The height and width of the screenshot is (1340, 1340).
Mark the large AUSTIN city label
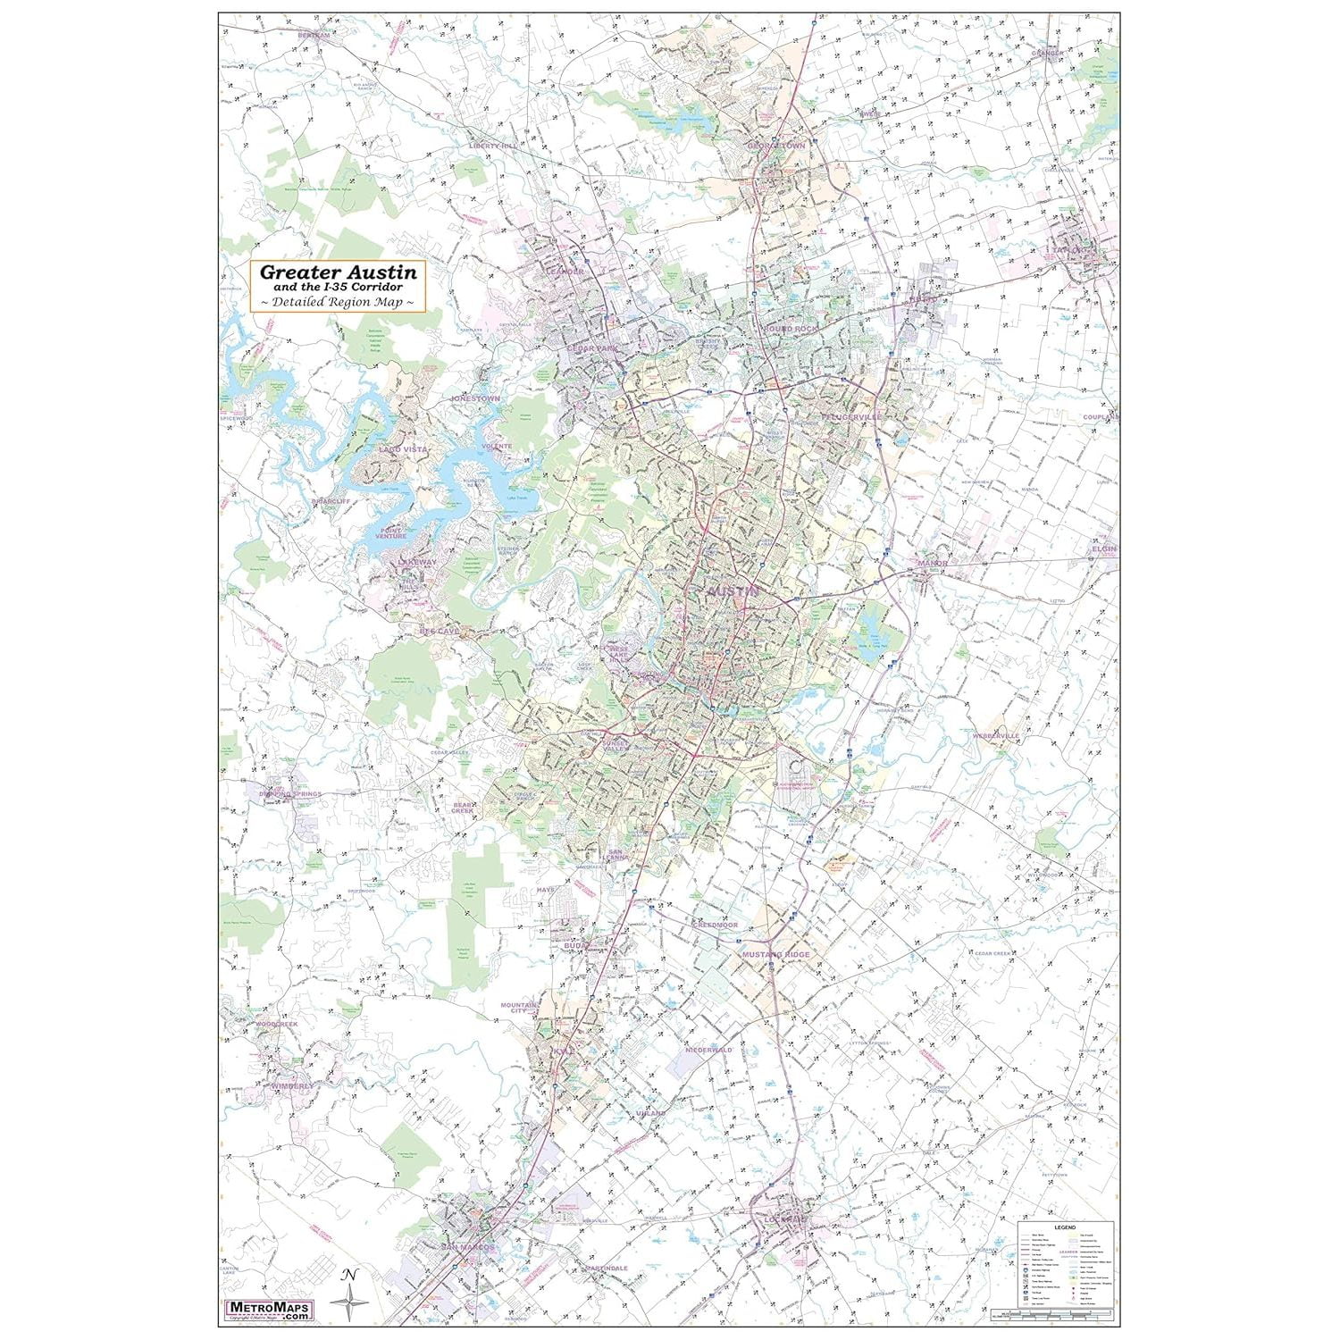pyautogui.click(x=733, y=591)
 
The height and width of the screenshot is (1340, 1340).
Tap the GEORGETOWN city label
pyautogui.click(x=775, y=145)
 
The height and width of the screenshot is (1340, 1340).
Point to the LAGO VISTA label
pyautogui.click(x=403, y=449)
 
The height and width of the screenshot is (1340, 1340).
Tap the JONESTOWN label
pyautogui.click(x=476, y=398)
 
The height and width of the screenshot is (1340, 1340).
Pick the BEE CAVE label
pyautogui.click(x=440, y=631)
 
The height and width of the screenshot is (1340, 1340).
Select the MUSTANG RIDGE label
pyautogui.click(x=775, y=955)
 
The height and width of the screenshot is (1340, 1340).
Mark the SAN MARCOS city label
pyautogui.click(x=467, y=1246)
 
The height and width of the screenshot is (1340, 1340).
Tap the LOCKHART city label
pyautogui.click(x=784, y=1219)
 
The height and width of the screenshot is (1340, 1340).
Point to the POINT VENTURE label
pyautogui.click(x=391, y=532)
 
